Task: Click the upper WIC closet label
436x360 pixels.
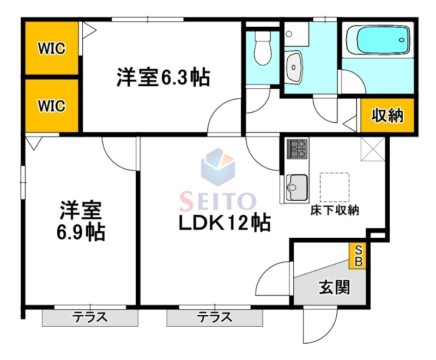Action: (x=51, y=49)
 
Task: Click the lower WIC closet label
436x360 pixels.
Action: (x=51, y=105)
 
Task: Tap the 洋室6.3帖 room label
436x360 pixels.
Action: (x=162, y=77)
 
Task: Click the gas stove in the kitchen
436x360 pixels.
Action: (x=297, y=148)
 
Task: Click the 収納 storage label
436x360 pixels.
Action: (x=387, y=116)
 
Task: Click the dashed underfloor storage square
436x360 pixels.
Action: (x=334, y=187)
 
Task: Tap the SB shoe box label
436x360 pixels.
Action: (x=358, y=255)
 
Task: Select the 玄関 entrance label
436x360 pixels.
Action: (x=334, y=287)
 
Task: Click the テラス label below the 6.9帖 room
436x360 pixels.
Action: (x=89, y=317)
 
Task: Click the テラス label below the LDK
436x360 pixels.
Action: (x=214, y=317)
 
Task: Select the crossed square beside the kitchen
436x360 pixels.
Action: (x=373, y=149)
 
